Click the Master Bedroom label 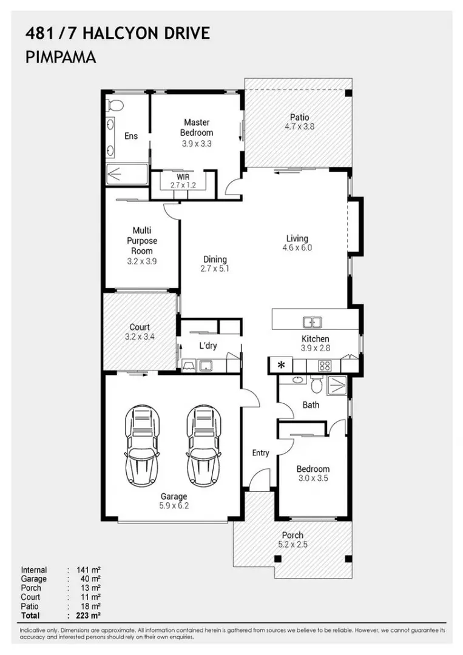pos(197,127)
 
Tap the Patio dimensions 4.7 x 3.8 pos(299,127)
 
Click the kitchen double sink pos(312,322)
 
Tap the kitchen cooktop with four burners pos(325,365)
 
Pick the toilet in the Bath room pos(315,385)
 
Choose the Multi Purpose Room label pos(141,241)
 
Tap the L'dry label pos(208,346)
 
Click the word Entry pos(261,453)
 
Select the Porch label pos(292,535)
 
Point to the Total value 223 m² pos(88,615)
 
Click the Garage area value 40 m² pos(88,579)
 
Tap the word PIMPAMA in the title pos(61,58)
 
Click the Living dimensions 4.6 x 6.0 pos(297,247)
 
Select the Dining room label pos(215,259)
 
